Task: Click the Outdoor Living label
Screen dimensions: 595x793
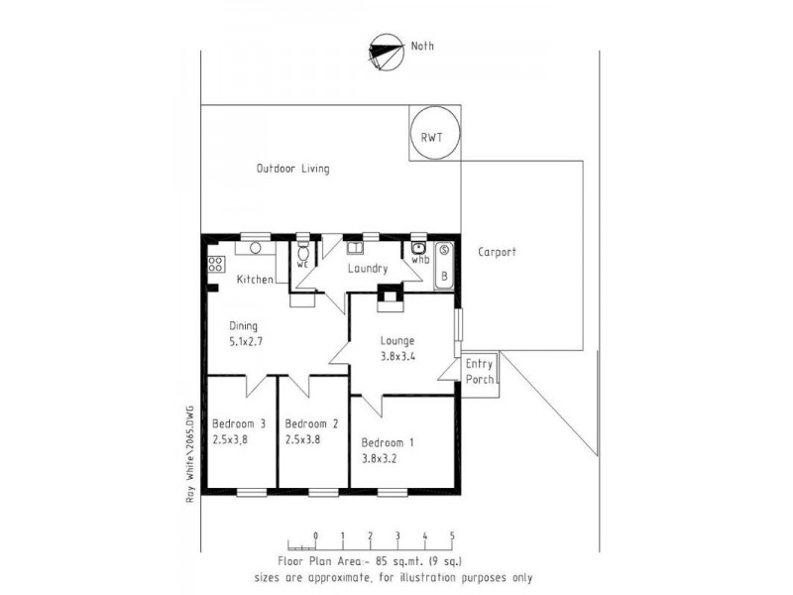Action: pyautogui.click(x=292, y=169)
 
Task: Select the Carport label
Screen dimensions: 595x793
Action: pyautogui.click(x=496, y=252)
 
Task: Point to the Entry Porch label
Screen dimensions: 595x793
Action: pyautogui.click(x=479, y=372)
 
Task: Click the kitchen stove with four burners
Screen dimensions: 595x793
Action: pyautogui.click(x=215, y=265)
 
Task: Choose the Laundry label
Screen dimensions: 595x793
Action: pyautogui.click(x=366, y=269)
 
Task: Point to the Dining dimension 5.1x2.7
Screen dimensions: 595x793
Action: pyautogui.click(x=245, y=341)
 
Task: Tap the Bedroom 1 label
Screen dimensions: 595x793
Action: pyautogui.click(x=388, y=443)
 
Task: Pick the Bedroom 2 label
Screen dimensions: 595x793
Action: pyautogui.click(x=311, y=423)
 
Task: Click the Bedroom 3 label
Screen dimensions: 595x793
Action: pyautogui.click(x=239, y=423)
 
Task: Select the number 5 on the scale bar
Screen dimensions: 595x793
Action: pyautogui.click(x=452, y=536)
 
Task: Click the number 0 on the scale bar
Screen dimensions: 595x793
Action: pyautogui.click(x=315, y=536)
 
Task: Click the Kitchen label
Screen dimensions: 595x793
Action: pyautogui.click(x=254, y=280)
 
